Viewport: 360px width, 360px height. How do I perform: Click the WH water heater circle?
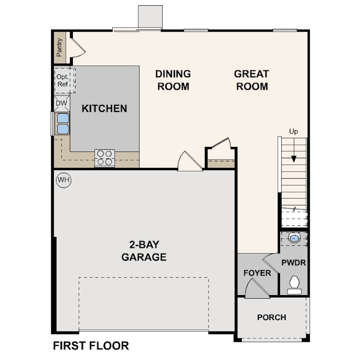click(x=64, y=180)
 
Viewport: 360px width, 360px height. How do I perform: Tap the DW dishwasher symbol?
click(x=61, y=104)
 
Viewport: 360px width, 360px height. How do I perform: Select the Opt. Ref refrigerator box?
click(x=62, y=80)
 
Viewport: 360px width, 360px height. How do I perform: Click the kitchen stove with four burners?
click(x=104, y=158)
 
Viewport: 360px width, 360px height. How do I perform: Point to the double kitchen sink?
click(x=62, y=124)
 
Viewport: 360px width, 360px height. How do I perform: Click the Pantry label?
click(x=60, y=47)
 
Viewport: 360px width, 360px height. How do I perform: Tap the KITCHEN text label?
click(x=104, y=108)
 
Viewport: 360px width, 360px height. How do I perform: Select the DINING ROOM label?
click(x=173, y=80)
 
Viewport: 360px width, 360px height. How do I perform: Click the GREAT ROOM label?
click(x=252, y=80)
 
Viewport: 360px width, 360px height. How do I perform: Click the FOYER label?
click(x=257, y=273)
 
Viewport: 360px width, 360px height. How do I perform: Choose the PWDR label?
click(x=294, y=263)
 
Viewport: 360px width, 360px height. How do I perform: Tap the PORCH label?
click(x=272, y=317)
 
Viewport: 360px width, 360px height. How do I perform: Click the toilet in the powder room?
click(x=294, y=284)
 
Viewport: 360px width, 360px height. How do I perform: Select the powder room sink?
click(x=294, y=239)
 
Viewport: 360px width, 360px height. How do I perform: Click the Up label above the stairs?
click(x=293, y=132)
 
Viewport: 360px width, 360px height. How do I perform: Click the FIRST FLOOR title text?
click(x=91, y=345)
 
